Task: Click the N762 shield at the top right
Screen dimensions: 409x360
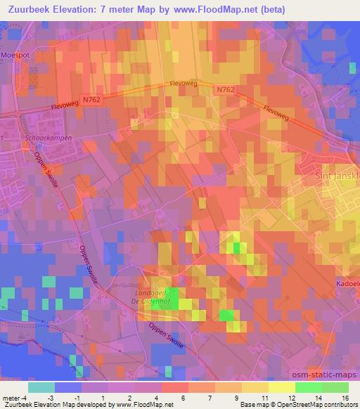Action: [x=224, y=89]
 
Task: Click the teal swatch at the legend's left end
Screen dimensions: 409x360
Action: [x=41, y=387]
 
